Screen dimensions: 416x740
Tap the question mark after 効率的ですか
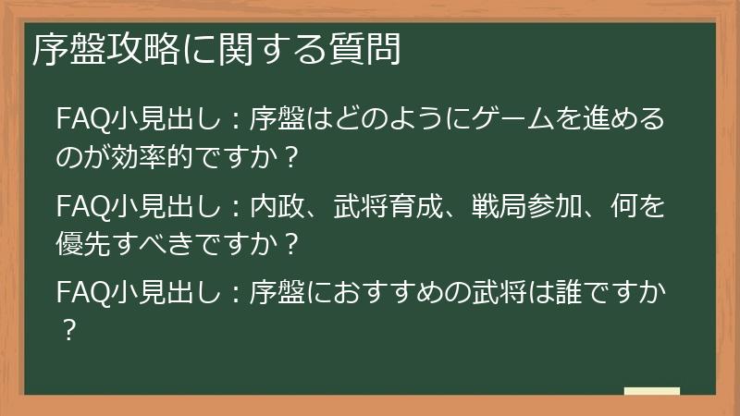[x=293, y=158]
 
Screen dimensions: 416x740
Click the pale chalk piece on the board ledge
[x=652, y=392]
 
